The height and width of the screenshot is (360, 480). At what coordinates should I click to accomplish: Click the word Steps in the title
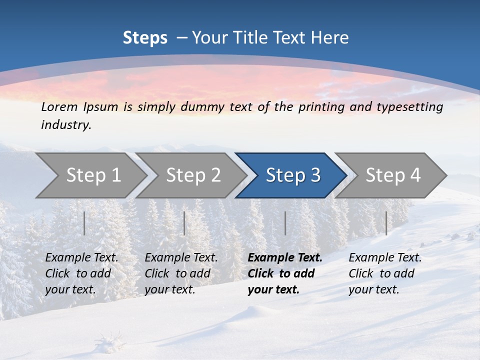[x=145, y=38]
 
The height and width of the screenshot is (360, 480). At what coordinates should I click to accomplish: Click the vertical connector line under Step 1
[x=84, y=223]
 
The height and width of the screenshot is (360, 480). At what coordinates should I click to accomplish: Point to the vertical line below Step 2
[x=184, y=223]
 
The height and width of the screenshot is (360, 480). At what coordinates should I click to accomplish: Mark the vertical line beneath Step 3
[x=285, y=223]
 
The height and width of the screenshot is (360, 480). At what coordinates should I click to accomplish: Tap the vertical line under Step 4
[x=386, y=223]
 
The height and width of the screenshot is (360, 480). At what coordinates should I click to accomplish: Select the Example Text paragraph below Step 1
[x=81, y=273]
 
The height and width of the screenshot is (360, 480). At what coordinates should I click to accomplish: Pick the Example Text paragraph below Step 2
[x=181, y=273]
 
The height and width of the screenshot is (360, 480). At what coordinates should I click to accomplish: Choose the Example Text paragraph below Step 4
[x=385, y=273]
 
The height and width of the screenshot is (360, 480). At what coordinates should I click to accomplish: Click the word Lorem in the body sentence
[x=59, y=107]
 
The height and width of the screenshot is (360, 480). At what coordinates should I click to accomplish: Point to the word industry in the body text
[x=65, y=125]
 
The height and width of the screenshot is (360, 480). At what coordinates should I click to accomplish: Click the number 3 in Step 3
[x=315, y=175]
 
